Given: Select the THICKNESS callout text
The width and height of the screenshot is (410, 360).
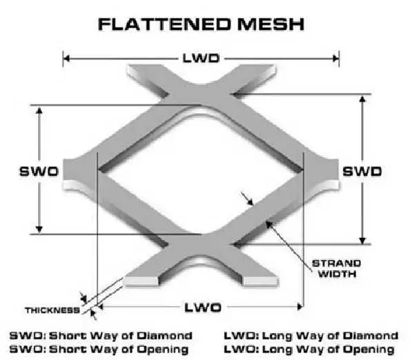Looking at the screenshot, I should click(52, 310).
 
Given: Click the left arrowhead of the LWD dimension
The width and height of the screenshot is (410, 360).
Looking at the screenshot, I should click(66, 59).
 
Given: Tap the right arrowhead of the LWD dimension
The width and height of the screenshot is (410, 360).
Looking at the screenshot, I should click(339, 59).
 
